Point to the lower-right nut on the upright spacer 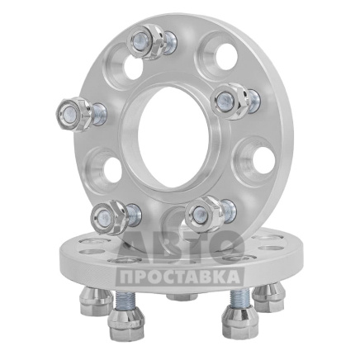205,214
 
